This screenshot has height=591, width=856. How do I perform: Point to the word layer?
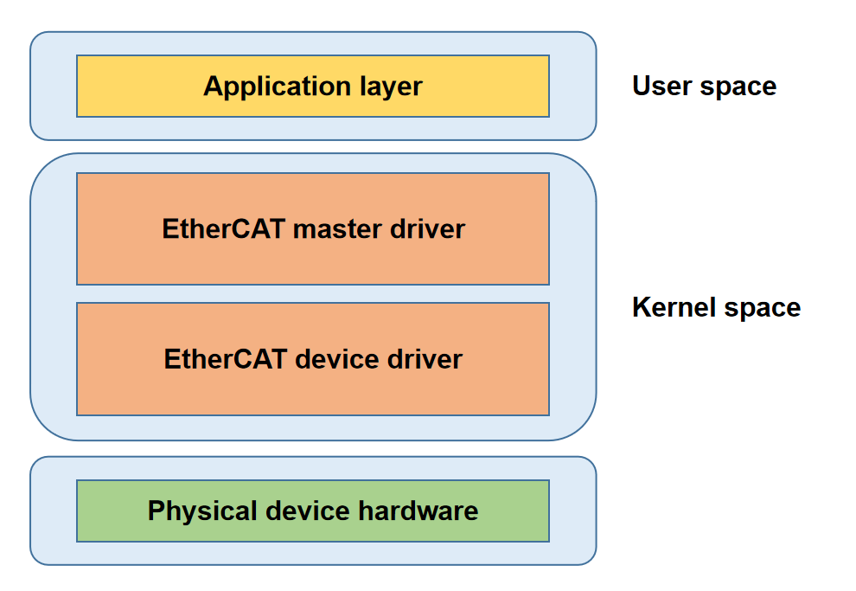point(390,87)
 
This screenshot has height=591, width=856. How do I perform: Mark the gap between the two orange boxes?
point(313,293)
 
